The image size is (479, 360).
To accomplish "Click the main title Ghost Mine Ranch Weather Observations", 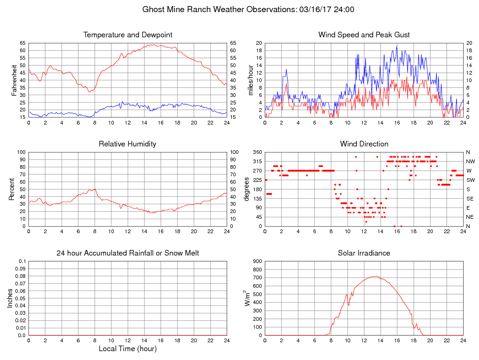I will tap(248, 9).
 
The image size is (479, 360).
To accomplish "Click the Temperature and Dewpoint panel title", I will tap(128, 35).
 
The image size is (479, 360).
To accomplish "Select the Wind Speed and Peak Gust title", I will tap(364, 35).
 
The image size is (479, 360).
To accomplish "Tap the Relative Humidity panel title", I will tap(127, 144).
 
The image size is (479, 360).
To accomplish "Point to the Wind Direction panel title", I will tap(364, 144).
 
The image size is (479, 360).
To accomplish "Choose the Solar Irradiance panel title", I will tap(364, 253).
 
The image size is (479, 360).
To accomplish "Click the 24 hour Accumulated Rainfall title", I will tap(128, 253).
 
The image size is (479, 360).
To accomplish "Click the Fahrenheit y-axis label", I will tap(14, 80).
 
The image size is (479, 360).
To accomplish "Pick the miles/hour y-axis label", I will tap(250, 80).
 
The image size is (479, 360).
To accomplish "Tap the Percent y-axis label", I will tap(12, 189).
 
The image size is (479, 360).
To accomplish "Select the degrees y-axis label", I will tap(247, 189).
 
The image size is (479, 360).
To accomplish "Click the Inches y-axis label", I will tap(10, 298).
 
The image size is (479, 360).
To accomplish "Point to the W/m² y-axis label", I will tap(247, 298).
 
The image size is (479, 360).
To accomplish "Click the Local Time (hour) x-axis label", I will tap(127, 349).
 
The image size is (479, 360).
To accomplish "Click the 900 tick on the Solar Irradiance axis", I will tap(257, 261).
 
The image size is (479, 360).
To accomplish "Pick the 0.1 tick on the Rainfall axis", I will tap(22, 261).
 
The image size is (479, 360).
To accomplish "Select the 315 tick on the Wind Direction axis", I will tap(257, 161).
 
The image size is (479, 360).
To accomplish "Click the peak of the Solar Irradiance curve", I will tap(375, 276).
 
